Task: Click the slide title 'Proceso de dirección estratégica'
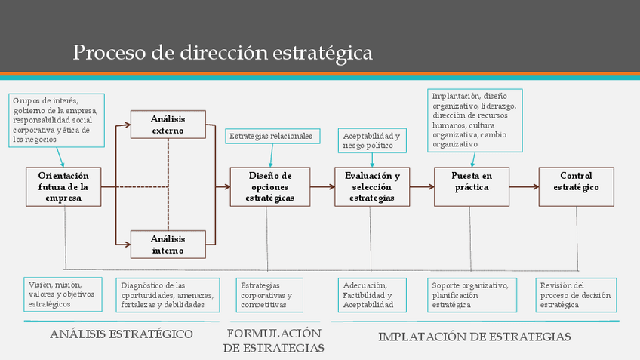point(223,53)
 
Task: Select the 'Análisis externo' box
point(168,125)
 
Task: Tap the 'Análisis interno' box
point(168,245)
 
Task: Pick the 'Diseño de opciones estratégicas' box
point(269,186)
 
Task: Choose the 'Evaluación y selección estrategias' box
point(372,186)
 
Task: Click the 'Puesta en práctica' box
point(472,186)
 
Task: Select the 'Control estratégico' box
point(576,186)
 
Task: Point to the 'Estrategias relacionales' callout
point(273,136)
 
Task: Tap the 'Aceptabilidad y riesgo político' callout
point(372,140)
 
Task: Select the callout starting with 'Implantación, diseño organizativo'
point(475,119)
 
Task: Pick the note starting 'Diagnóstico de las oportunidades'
point(168,295)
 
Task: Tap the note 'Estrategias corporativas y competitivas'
point(266,295)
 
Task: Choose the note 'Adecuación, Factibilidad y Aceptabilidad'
point(368,295)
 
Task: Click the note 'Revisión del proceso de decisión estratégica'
point(576,295)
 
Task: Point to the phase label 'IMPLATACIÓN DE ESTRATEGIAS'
point(474,337)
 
